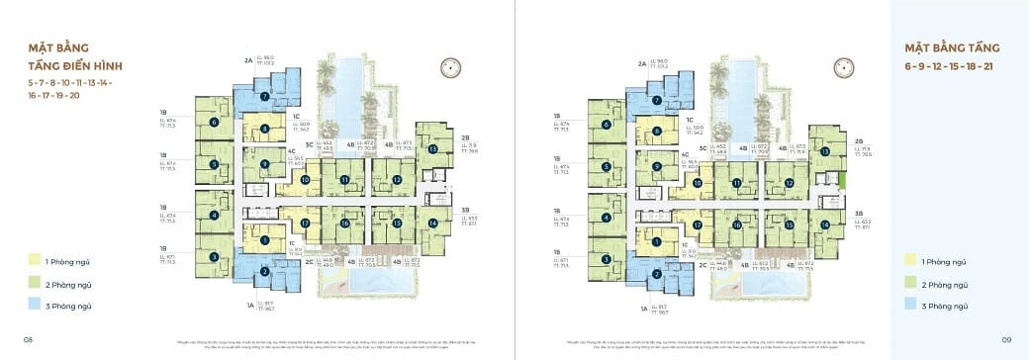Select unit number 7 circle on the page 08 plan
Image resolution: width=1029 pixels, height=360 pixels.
(x=265, y=97)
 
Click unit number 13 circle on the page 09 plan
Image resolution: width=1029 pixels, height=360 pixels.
(x=823, y=150)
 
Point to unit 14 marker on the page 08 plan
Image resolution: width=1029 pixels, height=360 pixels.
(x=433, y=223)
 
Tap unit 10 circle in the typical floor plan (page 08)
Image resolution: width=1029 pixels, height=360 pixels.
(x=306, y=180)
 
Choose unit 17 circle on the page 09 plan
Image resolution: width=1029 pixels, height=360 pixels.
(x=698, y=225)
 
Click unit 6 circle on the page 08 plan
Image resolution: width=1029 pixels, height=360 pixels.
(x=213, y=123)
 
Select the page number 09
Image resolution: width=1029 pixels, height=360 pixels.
(x=1005, y=339)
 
